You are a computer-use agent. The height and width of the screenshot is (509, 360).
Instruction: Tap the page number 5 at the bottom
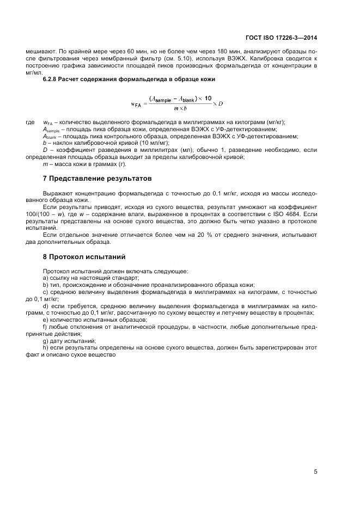[x=316, y=471]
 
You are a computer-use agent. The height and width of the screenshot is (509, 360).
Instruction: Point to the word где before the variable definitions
[x=30, y=122]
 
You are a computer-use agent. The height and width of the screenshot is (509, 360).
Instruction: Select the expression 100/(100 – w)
[x=64, y=215]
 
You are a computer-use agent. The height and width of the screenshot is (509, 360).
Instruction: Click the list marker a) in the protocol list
[x=46, y=277]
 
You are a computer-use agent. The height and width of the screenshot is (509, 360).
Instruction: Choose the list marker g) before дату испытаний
[x=46, y=340]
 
